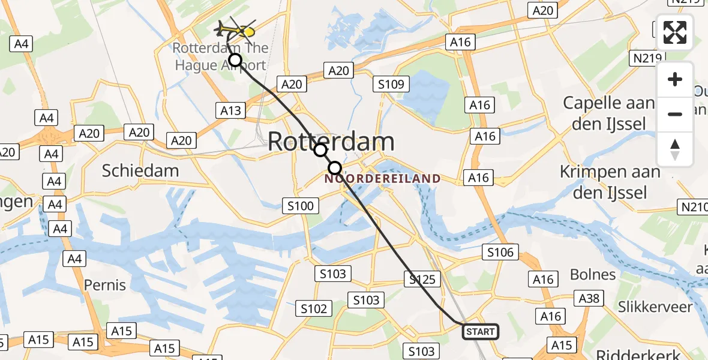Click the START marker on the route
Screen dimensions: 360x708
click(x=480, y=331)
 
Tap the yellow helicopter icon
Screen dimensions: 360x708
click(x=236, y=29)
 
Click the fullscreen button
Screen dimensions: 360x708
click(x=675, y=32)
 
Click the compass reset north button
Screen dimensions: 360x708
click(x=675, y=149)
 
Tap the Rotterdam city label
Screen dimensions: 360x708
click(x=331, y=142)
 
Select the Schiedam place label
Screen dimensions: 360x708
click(x=140, y=170)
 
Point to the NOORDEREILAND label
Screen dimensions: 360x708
click(x=383, y=179)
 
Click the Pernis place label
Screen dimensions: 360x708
click(x=105, y=284)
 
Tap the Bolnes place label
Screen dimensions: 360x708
click(x=592, y=275)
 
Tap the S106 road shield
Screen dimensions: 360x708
click(x=500, y=252)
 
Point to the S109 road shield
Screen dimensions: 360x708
click(x=391, y=85)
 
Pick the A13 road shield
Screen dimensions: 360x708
click(x=231, y=110)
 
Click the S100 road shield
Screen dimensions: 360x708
click(x=300, y=206)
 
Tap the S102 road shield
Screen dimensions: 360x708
click(x=314, y=308)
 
